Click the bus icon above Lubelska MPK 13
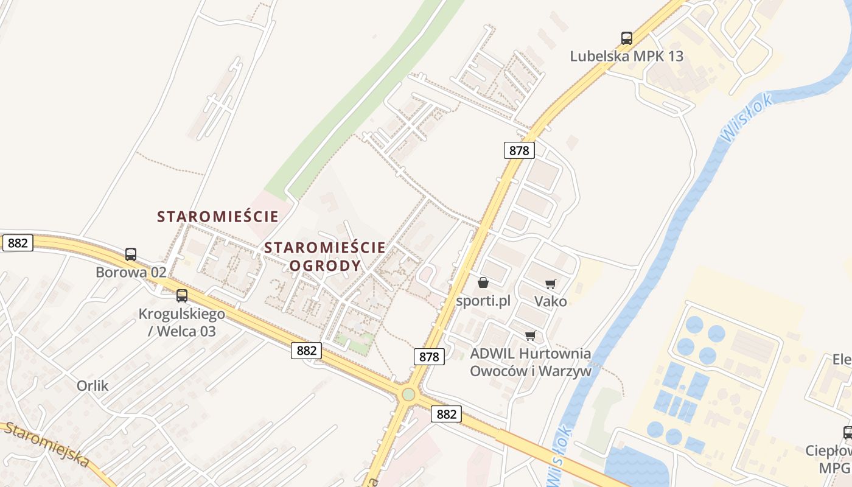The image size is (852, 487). [627, 38]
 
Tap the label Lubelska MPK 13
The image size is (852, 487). [627, 57]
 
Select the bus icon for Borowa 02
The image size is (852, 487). [131, 254]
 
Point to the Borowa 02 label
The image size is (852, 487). [131, 272]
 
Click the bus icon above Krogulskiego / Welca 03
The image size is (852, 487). [182, 296]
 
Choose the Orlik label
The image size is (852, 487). [93, 385]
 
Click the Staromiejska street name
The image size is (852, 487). [46, 445]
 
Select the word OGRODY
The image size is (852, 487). [325, 266]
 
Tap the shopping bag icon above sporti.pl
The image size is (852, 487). [483, 282]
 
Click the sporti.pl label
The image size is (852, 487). [483, 301]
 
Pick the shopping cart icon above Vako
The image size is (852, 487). [551, 283]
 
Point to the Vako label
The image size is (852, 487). [551, 301]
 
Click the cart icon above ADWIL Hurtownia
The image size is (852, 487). [531, 335]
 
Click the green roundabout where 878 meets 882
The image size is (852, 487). [408, 394]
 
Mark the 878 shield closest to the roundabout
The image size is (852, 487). [429, 357]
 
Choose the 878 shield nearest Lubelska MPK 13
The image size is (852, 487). [519, 150]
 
